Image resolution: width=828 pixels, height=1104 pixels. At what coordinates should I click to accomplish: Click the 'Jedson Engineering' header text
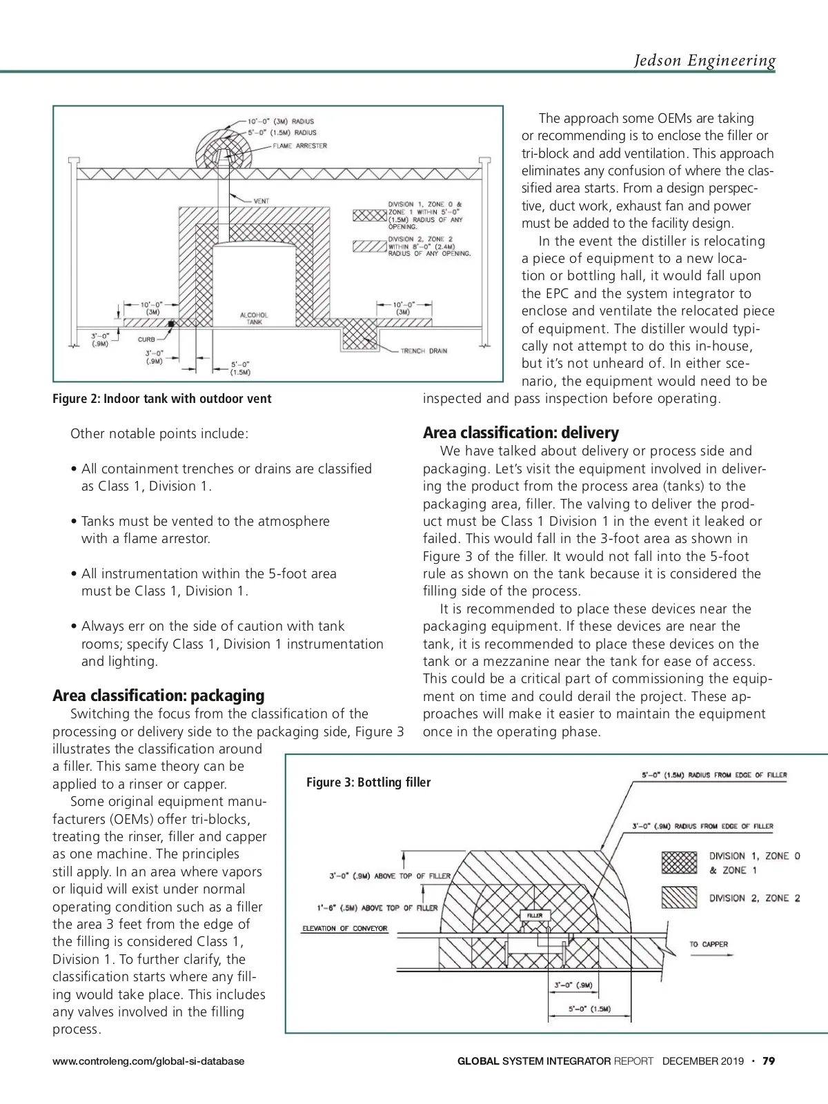click(x=704, y=61)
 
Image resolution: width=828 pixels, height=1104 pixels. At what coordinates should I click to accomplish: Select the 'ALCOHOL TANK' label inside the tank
click(x=254, y=319)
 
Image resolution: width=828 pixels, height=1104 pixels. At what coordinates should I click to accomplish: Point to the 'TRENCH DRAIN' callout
click(x=424, y=351)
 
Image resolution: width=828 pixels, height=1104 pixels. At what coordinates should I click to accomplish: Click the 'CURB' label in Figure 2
click(x=146, y=339)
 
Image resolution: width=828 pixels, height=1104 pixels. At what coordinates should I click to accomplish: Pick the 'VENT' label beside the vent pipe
click(x=261, y=201)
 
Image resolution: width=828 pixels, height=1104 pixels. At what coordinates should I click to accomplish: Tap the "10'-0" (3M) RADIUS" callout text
click(x=281, y=122)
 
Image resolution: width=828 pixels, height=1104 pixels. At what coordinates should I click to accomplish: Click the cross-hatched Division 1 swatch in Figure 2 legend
click(x=368, y=215)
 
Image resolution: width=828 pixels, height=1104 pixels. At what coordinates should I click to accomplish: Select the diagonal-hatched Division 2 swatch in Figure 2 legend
click(x=368, y=246)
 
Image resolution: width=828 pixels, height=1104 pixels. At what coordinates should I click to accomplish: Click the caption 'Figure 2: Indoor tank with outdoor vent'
click(x=162, y=399)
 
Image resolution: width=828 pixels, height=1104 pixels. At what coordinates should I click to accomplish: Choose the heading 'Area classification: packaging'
click(x=159, y=696)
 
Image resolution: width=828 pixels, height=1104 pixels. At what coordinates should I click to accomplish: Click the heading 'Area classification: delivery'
click(x=521, y=433)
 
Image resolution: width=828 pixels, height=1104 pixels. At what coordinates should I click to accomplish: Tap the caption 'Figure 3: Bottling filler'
click(x=368, y=782)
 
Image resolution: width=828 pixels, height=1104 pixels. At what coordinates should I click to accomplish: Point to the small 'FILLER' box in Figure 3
click(x=535, y=916)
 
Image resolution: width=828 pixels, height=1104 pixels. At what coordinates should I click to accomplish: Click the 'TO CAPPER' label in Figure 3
click(x=708, y=944)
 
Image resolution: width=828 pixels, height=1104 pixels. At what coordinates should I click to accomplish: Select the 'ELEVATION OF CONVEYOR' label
click(x=345, y=928)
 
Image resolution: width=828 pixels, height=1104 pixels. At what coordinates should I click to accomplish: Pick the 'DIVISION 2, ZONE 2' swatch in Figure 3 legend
click(x=679, y=897)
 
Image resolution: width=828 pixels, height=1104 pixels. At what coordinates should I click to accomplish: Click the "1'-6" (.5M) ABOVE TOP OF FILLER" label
click(x=373, y=907)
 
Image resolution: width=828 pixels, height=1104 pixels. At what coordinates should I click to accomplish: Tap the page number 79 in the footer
click(x=769, y=1061)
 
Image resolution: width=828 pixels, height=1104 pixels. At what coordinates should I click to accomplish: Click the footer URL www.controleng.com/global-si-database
click(x=148, y=1061)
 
